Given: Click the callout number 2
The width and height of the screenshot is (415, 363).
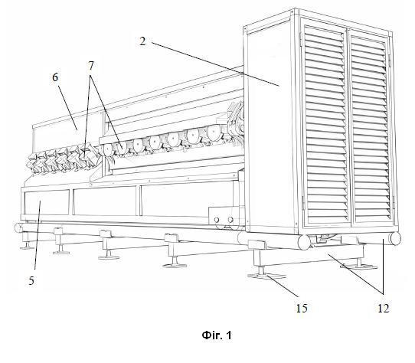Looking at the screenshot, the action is pyautogui.click(x=142, y=41).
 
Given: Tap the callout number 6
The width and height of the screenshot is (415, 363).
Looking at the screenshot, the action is pyautogui.click(x=55, y=77).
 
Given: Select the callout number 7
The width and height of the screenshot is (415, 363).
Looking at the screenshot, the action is pyautogui.click(x=91, y=66).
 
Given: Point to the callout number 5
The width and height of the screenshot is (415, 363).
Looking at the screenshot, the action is pyautogui.click(x=31, y=280).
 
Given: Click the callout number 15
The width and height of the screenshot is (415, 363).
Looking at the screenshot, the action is pyautogui.click(x=302, y=308).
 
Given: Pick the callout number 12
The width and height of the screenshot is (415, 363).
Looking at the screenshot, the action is pyautogui.click(x=384, y=308).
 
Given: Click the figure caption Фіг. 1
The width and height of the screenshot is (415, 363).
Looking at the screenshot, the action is pyautogui.click(x=217, y=335).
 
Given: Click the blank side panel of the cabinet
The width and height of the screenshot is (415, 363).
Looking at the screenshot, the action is pyautogui.click(x=271, y=127).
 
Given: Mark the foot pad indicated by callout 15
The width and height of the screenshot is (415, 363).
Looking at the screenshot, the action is pyautogui.click(x=266, y=276).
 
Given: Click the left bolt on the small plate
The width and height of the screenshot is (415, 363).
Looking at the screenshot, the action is pyautogui.click(x=217, y=220).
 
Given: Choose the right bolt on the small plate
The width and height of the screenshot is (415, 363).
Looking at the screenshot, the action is pyautogui.click(x=230, y=220).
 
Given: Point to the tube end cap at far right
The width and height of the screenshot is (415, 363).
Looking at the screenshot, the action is pyautogui.click(x=395, y=239).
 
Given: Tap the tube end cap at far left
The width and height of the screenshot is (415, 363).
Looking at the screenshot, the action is pyautogui.click(x=18, y=227).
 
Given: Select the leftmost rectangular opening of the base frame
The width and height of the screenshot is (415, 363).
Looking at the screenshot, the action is pyautogui.click(x=47, y=201).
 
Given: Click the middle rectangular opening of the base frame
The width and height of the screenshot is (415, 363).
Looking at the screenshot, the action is pyautogui.click(x=106, y=201).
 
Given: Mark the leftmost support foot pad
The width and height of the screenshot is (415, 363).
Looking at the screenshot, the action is pyautogui.click(x=27, y=247).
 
